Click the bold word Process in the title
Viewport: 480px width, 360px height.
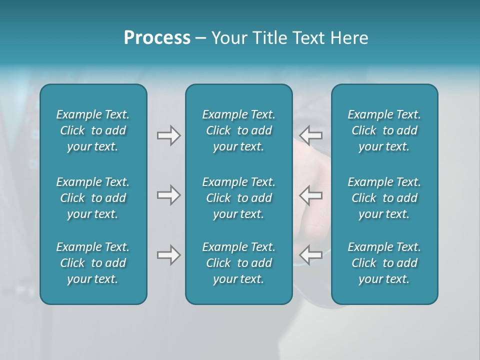(157, 38)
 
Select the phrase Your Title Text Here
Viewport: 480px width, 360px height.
(289, 38)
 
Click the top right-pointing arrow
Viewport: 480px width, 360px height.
(168, 135)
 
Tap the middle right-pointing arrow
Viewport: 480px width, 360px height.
(168, 195)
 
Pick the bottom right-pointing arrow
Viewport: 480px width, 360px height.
(168, 255)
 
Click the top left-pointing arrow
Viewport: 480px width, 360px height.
(310, 135)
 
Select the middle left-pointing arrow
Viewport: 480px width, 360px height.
(310, 195)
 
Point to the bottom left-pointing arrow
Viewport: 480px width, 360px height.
(310, 255)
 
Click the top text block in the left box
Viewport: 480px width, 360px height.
(93, 130)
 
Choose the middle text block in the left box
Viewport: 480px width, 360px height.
(93, 198)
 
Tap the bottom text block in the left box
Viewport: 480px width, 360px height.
(93, 263)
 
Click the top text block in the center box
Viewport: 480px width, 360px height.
(238, 130)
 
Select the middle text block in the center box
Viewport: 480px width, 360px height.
(238, 198)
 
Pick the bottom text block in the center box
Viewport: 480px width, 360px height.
(238, 263)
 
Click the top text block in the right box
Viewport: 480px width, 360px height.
(384, 130)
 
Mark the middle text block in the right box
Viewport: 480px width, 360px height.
(384, 198)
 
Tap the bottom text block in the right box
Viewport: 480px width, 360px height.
(384, 263)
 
